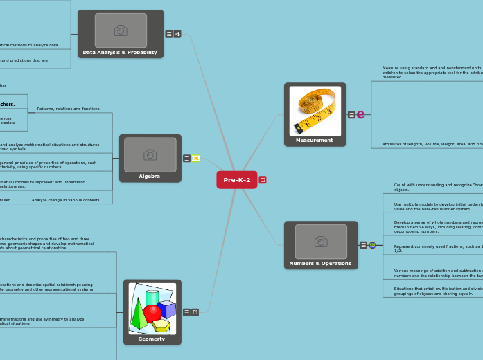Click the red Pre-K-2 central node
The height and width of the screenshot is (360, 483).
237,180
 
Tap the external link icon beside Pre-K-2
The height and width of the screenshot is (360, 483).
263,180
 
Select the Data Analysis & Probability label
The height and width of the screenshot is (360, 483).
120,52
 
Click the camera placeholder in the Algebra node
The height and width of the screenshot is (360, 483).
149,154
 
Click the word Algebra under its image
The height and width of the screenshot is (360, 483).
149,176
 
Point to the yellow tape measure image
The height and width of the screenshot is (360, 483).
315,110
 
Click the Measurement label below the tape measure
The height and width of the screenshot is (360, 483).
315,140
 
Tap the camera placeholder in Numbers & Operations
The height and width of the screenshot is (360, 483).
320,242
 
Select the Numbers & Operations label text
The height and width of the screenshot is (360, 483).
320,263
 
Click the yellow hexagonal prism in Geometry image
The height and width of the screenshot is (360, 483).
161,325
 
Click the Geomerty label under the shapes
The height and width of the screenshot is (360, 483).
152,339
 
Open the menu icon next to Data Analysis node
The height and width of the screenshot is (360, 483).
169,34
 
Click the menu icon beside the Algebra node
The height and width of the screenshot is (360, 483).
186,159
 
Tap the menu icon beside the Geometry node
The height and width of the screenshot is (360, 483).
186,312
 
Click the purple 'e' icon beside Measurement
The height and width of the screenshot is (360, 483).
360,114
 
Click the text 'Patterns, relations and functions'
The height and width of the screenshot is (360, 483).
68,109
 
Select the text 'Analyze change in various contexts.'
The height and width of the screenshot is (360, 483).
67,200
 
